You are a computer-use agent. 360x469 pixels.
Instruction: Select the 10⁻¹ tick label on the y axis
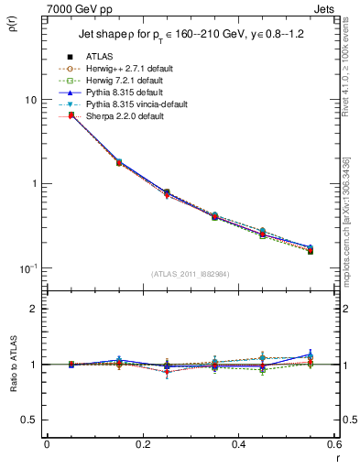[x=29, y=267]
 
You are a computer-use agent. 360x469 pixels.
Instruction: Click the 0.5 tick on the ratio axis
[x=31, y=420]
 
